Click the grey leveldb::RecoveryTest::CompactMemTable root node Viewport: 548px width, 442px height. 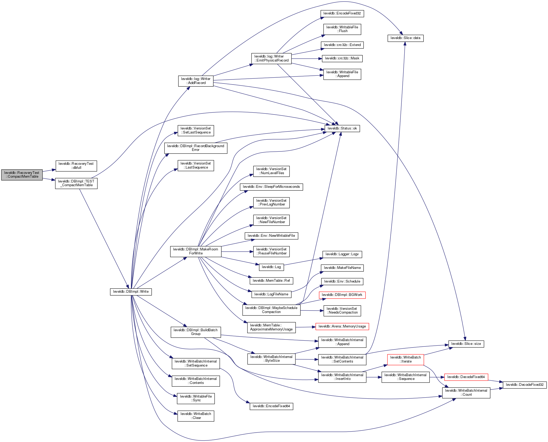point(22,175)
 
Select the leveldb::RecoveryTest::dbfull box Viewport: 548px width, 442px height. point(76,166)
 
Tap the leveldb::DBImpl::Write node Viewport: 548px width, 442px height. point(131,291)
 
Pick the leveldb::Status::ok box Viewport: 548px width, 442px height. point(342,128)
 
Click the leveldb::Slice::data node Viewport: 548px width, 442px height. point(405,38)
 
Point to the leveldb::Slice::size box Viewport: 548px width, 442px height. point(466,344)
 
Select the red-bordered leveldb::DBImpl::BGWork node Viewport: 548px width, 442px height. point(342,295)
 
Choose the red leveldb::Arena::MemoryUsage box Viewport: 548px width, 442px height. point(342,326)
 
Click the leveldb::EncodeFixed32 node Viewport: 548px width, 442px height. point(342,13)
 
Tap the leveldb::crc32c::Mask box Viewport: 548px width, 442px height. point(342,58)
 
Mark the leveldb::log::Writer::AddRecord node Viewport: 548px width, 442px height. point(196,81)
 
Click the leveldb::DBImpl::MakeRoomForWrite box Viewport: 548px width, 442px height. point(196,251)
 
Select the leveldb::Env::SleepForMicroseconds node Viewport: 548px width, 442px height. point(271,187)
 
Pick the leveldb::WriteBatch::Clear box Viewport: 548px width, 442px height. point(196,416)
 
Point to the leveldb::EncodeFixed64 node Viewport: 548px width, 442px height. point(271,406)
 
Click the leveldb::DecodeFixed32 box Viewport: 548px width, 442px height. point(525,385)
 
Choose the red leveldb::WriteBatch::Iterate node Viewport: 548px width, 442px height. point(405,359)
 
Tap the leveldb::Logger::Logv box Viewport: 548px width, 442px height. point(342,254)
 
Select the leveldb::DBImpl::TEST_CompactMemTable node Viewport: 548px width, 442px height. point(76,183)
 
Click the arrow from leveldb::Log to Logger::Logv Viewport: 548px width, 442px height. point(302,262)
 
